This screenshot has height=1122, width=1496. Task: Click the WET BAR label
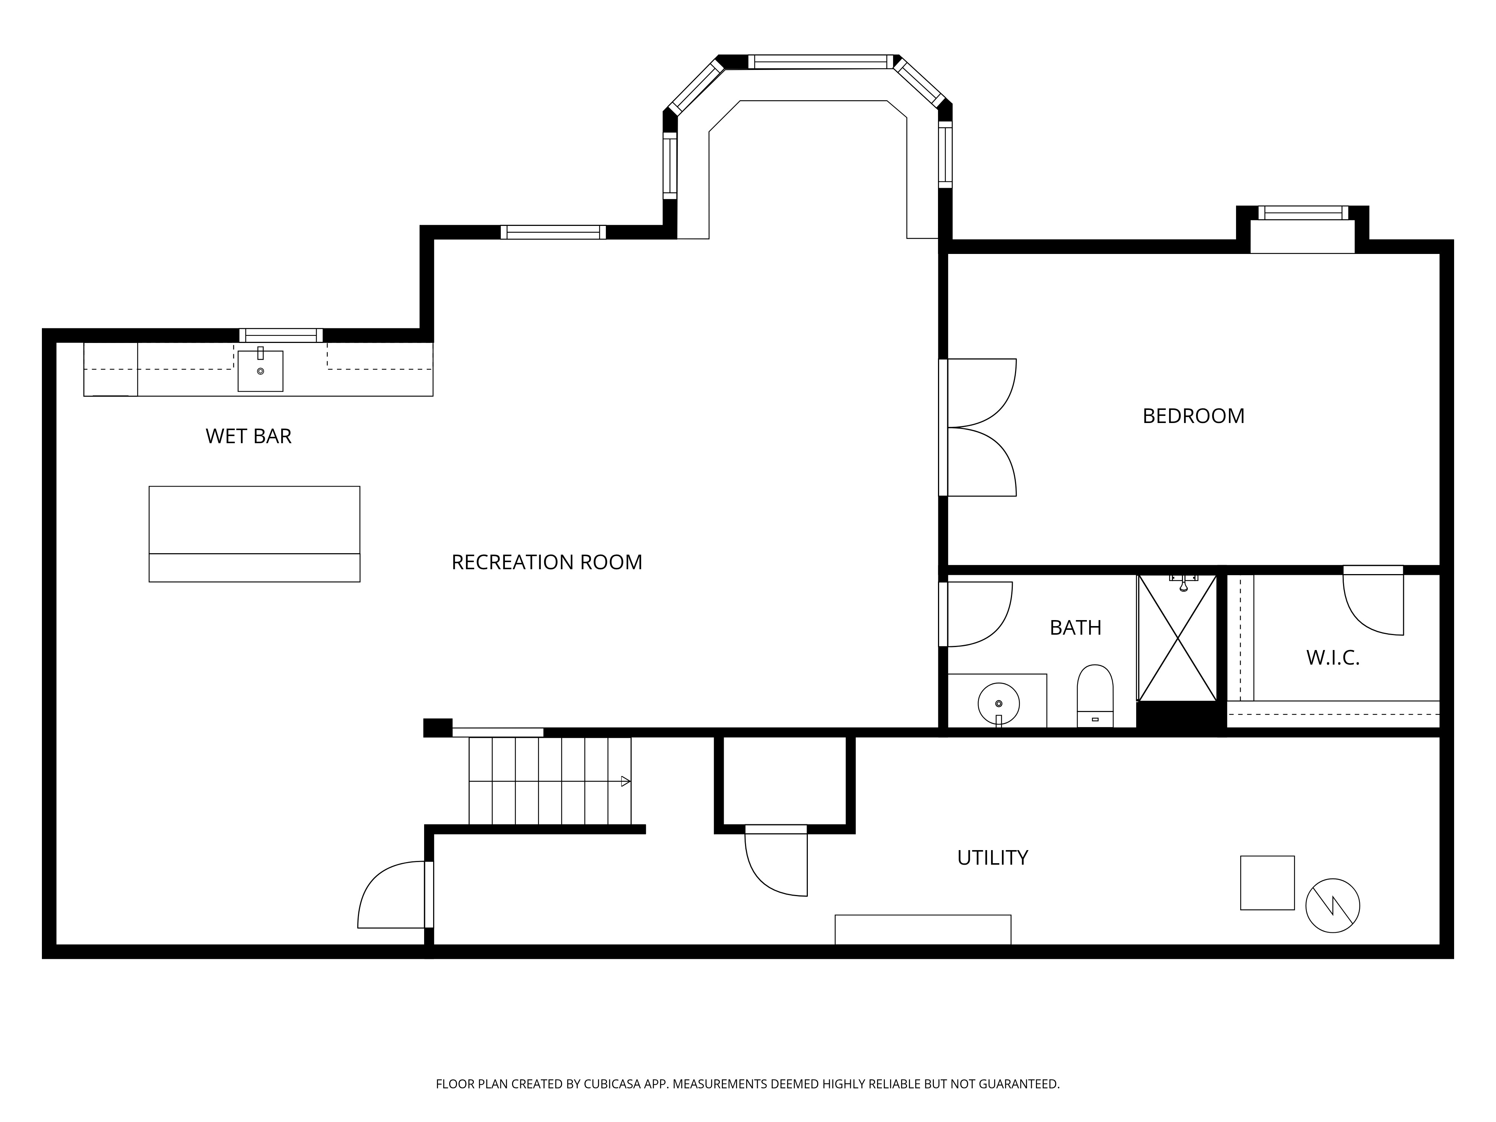coord(248,436)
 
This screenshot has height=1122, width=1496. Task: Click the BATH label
coord(1075,628)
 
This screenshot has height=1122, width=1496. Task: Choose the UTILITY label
coord(992,858)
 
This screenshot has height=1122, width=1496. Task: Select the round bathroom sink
coord(999,704)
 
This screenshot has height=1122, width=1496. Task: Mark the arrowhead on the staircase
coord(626,781)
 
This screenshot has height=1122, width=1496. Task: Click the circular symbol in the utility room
coord(1332,905)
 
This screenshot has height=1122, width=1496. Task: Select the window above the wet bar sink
coord(280,335)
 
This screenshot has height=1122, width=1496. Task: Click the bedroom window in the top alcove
coord(1303,213)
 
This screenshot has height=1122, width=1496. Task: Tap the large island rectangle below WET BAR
coord(254,534)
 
